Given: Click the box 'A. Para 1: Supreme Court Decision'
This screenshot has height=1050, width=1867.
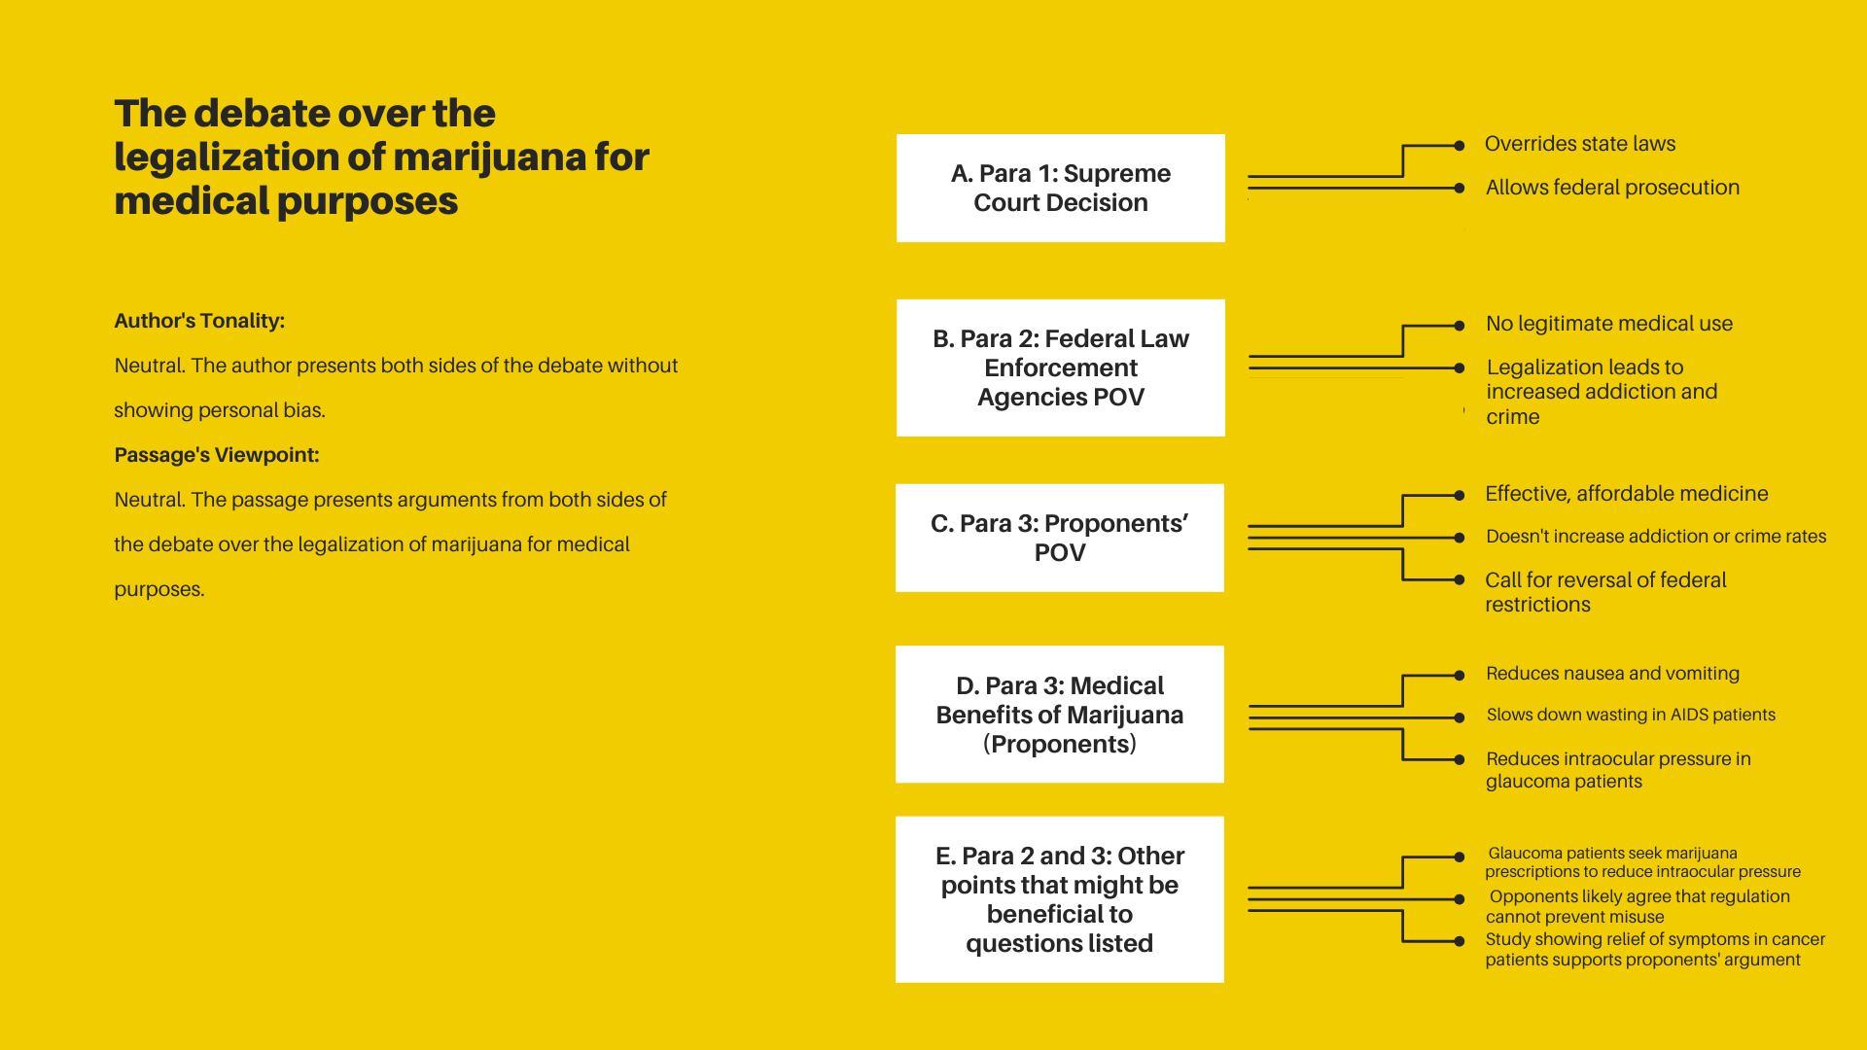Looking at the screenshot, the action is point(1060,188).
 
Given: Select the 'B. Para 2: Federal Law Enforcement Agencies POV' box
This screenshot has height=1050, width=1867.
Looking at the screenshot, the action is point(1060,367).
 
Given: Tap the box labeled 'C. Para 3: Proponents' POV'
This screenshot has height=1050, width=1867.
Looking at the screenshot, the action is point(1060,538).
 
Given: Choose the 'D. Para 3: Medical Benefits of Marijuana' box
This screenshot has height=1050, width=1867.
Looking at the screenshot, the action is point(1060,714).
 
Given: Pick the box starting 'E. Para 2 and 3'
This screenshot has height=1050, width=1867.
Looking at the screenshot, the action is point(1060,899).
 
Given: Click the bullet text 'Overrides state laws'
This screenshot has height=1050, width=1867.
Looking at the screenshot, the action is point(1580,144).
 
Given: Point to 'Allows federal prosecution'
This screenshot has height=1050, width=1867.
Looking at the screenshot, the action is point(1612,188).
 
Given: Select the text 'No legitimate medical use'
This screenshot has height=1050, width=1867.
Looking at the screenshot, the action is point(1609,324).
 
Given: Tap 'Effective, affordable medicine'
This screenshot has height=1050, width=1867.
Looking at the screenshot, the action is point(1626,494).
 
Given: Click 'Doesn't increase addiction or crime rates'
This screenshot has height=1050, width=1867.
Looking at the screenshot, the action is point(1656,537).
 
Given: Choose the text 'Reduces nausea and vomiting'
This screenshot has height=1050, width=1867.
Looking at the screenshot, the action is point(1612,674).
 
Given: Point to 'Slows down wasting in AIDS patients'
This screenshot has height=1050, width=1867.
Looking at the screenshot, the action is point(1631,715).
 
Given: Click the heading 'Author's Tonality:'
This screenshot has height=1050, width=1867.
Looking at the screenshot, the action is point(199,321).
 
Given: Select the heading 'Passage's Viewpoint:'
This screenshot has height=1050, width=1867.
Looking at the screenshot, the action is point(217,455).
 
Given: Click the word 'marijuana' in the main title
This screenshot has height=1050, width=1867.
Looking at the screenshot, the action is point(489,157).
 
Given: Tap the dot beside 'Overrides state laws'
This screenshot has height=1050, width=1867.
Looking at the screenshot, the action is point(1460,146).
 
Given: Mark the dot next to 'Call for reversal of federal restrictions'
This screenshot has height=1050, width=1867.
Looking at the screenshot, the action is point(1460,580).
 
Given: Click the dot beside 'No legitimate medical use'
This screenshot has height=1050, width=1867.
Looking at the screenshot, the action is point(1460,326).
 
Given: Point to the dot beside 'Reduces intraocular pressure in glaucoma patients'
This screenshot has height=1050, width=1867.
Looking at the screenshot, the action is point(1460,759).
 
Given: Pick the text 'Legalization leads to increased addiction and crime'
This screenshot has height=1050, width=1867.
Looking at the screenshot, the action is point(1602,392).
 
